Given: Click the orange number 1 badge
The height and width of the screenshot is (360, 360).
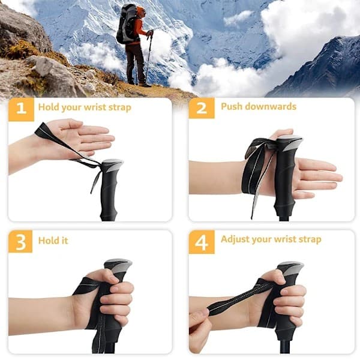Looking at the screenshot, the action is pos(22,109).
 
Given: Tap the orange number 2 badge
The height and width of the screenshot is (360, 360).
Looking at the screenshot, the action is pos(202,108).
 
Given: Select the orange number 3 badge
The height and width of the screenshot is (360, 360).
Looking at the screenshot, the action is pos(20,242).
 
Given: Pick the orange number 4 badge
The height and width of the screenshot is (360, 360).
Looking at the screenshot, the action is pos(202,242).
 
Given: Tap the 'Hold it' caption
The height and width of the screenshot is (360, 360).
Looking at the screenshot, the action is pos(53,241).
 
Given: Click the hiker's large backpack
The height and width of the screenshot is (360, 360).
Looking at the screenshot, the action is pos(127,23).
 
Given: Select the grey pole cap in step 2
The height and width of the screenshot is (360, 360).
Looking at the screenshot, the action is pos(290,142).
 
